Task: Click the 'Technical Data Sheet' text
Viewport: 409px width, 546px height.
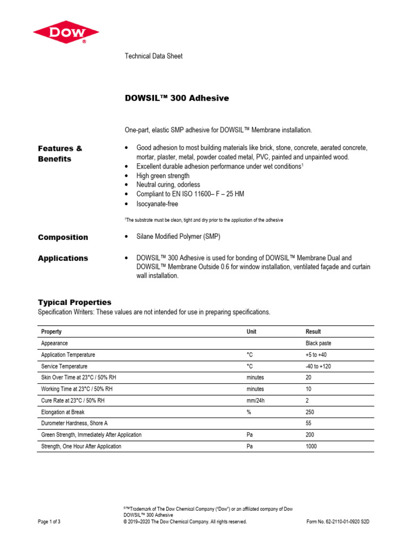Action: pyautogui.click(x=153, y=56)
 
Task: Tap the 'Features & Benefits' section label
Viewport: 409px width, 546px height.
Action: pyautogui.click(x=60, y=154)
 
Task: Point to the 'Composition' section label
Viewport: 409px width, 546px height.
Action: pyautogui.click(x=63, y=237)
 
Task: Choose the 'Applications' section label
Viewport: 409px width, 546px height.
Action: pyautogui.click(x=63, y=258)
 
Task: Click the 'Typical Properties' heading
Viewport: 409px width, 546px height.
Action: pyautogui.click(x=74, y=302)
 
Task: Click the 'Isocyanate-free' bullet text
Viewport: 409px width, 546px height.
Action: pyautogui.click(x=157, y=204)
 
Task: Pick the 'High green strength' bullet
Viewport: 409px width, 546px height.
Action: pyautogui.click(x=162, y=176)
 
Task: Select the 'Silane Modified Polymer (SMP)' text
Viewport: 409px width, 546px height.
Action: pyautogui.click(x=178, y=237)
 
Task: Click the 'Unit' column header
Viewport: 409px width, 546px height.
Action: pyautogui.click(x=251, y=332)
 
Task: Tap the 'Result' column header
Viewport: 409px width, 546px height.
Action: pyautogui.click(x=313, y=332)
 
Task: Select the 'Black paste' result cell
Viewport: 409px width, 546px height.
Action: pyautogui.click(x=318, y=343)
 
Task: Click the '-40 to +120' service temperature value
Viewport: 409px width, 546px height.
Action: pyautogui.click(x=318, y=366)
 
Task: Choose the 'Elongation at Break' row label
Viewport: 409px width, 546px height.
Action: pyautogui.click(x=63, y=412)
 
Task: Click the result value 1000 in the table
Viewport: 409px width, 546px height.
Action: pyautogui.click(x=311, y=446)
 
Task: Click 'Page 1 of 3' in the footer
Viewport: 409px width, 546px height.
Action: pyautogui.click(x=50, y=521)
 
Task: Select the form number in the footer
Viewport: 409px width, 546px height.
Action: pyautogui.click(x=338, y=521)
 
